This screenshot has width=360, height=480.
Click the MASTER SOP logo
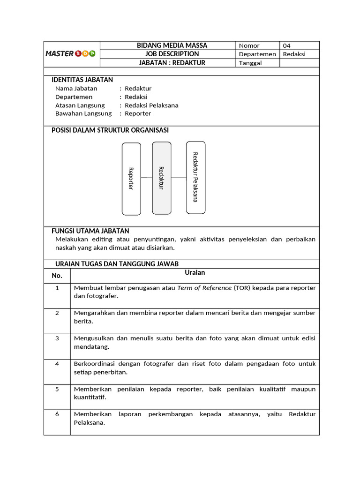point(70,53)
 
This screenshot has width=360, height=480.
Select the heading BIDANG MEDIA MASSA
point(172,45)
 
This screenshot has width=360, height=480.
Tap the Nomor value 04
point(287,45)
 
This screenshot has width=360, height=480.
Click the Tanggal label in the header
point(250,63)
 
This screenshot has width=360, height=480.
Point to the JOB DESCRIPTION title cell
point(172,54)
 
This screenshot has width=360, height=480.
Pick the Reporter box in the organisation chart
point(131,179)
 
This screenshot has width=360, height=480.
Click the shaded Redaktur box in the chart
point(161,178)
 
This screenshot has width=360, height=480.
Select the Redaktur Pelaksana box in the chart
point(195,177)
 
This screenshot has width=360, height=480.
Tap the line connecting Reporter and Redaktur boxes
point(146,178)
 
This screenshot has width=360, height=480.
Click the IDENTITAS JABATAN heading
point(82,80)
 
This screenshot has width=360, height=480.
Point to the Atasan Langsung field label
point(80,105)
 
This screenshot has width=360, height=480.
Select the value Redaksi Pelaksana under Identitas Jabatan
point(151,105)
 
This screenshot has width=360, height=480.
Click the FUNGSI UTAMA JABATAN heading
point(90,231)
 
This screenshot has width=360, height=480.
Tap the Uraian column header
point(195,272)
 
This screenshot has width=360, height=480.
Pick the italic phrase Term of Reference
point(204,288)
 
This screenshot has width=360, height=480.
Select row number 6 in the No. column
point(57,414)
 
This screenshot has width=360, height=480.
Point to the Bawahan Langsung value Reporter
point(138,113)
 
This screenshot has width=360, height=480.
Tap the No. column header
point(57,276)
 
